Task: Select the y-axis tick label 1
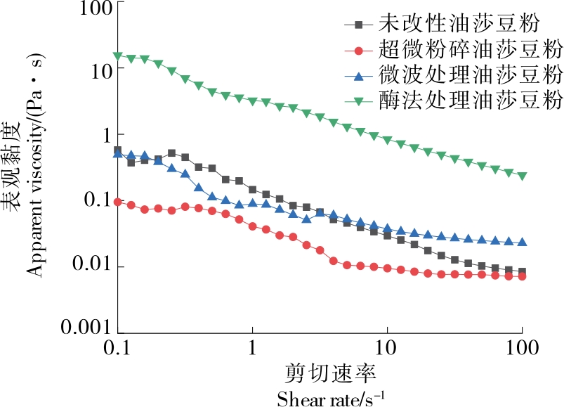105,134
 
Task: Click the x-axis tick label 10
386,347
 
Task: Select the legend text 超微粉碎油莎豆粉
471,50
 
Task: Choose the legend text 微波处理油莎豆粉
471,75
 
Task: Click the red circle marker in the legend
359,51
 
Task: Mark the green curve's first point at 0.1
118,56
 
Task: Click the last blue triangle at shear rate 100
522,242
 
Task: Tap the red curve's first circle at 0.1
118,202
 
